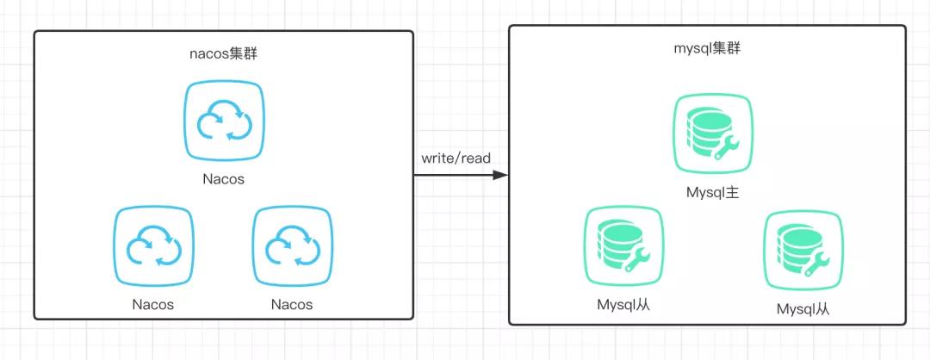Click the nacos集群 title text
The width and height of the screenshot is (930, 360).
tap(223, 53)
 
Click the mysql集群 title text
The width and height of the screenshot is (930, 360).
tap(707, 48)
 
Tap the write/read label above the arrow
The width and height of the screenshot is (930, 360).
tap(456, 158)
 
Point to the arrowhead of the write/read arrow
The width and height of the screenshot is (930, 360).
tap(501, 175)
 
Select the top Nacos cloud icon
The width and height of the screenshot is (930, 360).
tap(224, 121)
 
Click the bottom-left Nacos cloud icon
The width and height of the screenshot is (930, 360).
tap(153, 246)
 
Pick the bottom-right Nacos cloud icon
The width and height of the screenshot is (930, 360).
tap(293, 246)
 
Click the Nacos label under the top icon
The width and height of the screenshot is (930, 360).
tap(224, 179)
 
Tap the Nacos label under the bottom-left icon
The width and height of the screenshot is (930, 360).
tap(153, 305)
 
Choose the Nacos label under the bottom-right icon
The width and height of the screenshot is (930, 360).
tap(292, 305)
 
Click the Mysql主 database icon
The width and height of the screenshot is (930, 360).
tap(713, 134)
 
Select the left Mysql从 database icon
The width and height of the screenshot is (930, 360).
tap(623, 246)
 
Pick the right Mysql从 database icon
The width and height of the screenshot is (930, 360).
tap(803, 251)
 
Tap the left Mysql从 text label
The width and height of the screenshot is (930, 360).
tap(624, 305)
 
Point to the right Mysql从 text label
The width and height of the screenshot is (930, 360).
tap(803, 309)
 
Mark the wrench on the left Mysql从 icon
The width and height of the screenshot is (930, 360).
tap(637, 260)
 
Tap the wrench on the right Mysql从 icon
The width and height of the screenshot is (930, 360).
tap(816, 264)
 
